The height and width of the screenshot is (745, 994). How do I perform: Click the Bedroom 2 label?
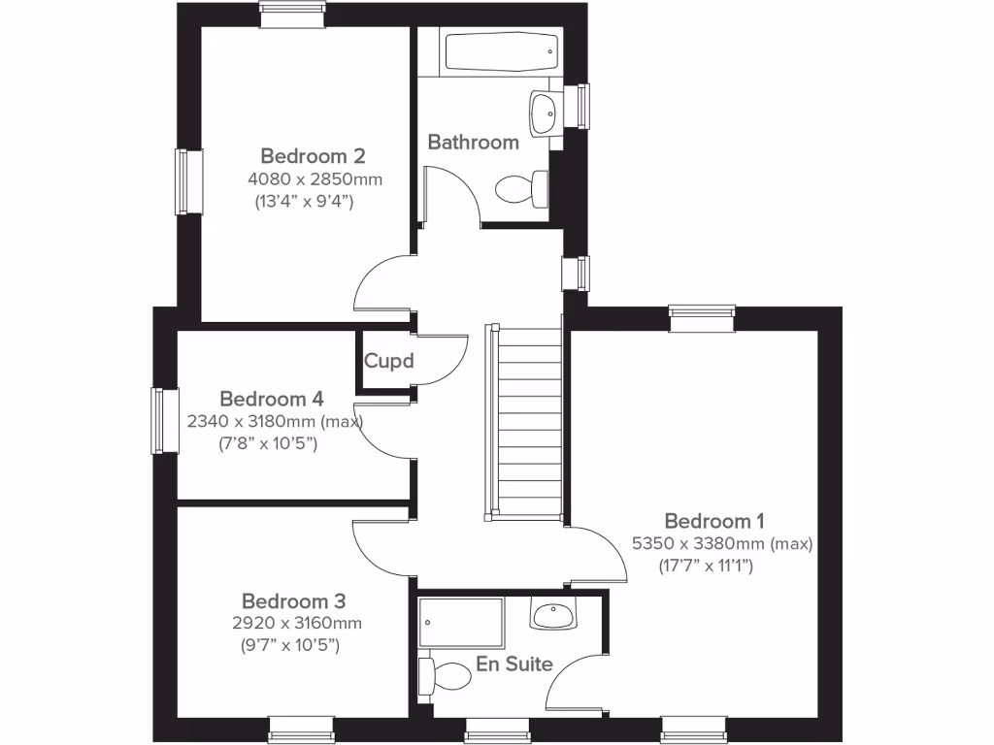(313, 155)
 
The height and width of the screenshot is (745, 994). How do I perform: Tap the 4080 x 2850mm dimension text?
(315, 179)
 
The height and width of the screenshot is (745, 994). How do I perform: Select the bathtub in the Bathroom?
(501, 51)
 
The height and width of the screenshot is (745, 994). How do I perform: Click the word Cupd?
(388, 362)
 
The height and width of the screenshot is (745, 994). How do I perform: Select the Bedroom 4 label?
(271, 399)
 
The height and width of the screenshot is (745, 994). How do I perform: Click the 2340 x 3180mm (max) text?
(274, 422)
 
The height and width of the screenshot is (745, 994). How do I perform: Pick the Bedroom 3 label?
(293, 600)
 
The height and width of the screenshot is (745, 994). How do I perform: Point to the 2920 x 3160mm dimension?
(295, 624)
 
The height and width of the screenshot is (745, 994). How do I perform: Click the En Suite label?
(514, 664)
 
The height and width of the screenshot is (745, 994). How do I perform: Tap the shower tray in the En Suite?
(461, 623)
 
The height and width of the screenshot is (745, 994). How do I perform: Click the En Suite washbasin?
(554, 614)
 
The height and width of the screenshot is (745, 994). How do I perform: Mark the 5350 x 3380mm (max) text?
(722, 544)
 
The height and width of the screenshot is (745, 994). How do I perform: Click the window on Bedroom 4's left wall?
(164, 420)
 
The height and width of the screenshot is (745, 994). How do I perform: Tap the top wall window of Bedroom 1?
(702, 318)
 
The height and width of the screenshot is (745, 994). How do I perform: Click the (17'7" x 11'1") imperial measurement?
(706, 566)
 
